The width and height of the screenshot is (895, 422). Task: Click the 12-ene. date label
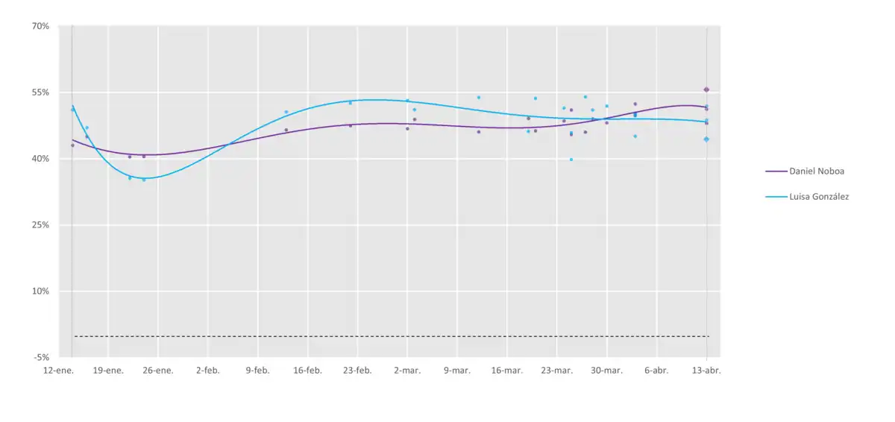[x=58, y=370]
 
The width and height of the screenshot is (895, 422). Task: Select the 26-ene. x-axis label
[x=158, y=370]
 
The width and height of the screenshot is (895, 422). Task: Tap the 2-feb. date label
[x=208, y=370]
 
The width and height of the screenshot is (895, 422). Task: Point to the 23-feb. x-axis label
[x=357, y=370]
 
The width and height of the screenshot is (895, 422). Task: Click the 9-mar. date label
[x=457, y=370]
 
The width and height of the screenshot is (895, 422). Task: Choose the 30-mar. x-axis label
[x=606, y=370]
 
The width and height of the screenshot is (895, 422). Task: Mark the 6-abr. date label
[x=656, y=370]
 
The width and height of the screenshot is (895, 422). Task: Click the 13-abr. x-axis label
[x=706, y=370]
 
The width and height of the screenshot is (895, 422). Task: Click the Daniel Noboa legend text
[x=817, y=171]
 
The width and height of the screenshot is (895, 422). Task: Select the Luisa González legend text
[x=819, y=197]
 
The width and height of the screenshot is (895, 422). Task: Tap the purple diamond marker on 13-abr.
[x=706, y=89]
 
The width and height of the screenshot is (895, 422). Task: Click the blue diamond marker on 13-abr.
[x=706, y=139]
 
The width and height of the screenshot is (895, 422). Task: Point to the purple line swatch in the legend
[x=776, y=171]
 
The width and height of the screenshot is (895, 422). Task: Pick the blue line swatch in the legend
[x=776, y=197]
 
